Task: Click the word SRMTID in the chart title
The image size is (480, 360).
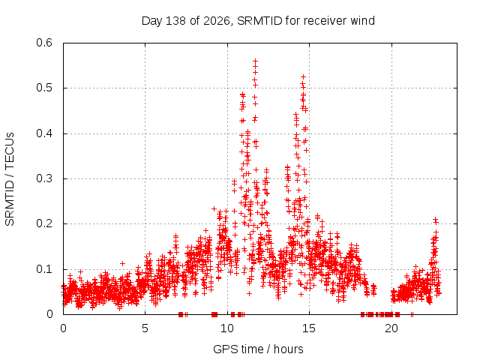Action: [x=259, y=21]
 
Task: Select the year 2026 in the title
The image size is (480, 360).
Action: [x=217, y=21]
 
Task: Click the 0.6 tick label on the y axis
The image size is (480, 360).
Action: [x=44, y=43]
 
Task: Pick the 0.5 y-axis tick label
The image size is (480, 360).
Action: [x=44, y=88]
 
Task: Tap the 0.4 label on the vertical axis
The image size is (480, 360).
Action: [x=44, y=133]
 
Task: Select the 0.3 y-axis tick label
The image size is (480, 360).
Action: [x=44, y=178]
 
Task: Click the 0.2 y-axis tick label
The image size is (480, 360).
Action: [x=44, y=223]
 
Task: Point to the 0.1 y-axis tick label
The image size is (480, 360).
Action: [x=44, y=269]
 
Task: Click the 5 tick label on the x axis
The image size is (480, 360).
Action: [x=145, y=328]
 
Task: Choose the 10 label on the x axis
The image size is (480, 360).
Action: [x=227, y=328]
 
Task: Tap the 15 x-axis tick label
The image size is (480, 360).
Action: [x=309, y=328]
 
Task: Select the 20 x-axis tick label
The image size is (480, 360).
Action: [x=391, y=328]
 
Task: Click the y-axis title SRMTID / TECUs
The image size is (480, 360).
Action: [x=10, y=179]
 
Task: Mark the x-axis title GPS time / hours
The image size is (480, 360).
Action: [x=258, y=349]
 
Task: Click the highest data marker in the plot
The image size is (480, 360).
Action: [x=255, y=61]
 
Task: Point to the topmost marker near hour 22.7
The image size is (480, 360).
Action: [x=435, y=219]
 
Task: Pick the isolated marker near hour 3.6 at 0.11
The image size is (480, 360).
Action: [x=122, y=263]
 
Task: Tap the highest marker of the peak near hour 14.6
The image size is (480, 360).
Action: [x=303, y=76]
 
